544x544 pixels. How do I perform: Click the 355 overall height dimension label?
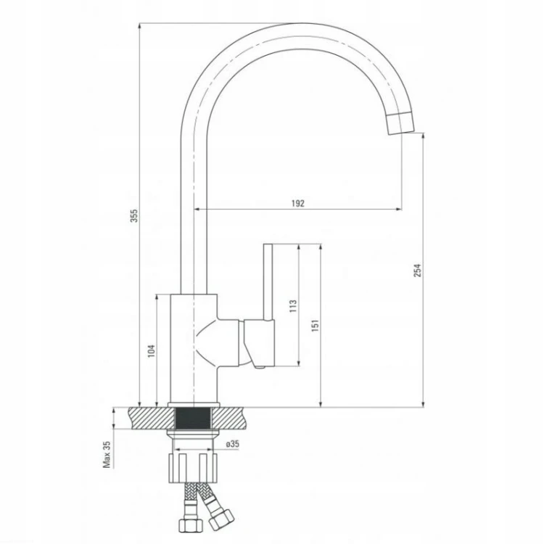click(x=134, y=215)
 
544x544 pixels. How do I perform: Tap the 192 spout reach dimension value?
click(x=297, y=203)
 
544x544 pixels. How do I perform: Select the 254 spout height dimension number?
click(x=417, y=271)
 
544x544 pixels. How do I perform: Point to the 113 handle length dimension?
click(x=293, y=306)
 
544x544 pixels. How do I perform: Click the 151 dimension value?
click(x=315, y=326)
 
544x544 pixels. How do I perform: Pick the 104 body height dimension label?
click(x=152, y=351)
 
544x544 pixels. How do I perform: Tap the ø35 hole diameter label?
click(x=232, y=444)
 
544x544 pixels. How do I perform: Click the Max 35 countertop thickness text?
click(x=107, y=454)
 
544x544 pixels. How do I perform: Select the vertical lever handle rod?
click(x=268, y=281)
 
